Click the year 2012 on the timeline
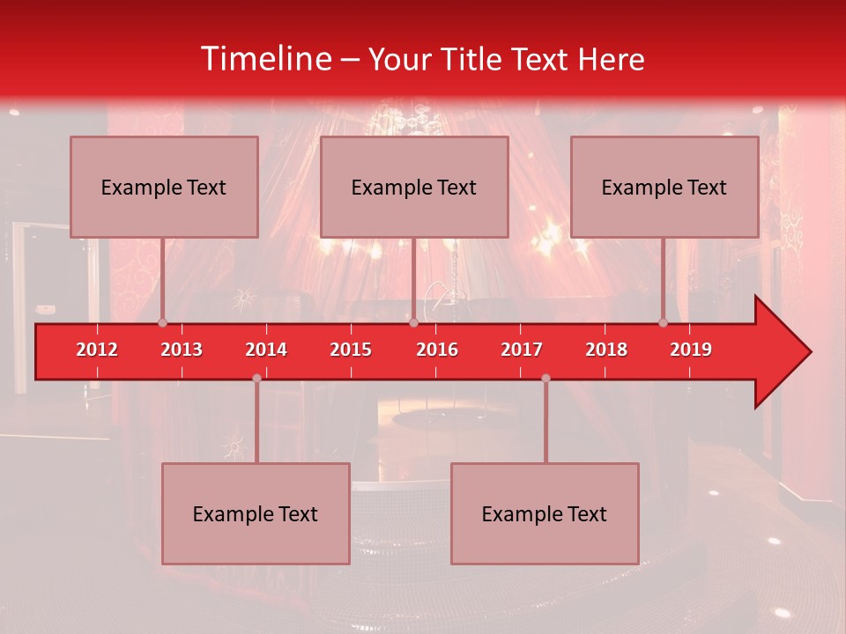tap(97, 350)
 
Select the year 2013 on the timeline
tap(182, 350)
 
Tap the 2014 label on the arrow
tap(266, 350)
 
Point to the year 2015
tap(351, 350)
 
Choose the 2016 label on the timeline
tap(437, 350)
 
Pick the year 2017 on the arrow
tap(522, 350)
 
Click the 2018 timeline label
tap(606, 350)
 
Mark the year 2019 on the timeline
tap(691, 350)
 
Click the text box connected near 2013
tap(164, 187)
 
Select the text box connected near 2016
tap(414, 187)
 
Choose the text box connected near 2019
tap(664, 187)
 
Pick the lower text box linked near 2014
tap(256, 513)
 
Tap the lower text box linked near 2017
tap(545, 513)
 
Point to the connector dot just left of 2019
tap(663, 322)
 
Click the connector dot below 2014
tap(256, 378)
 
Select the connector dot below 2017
tap(545, 378)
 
